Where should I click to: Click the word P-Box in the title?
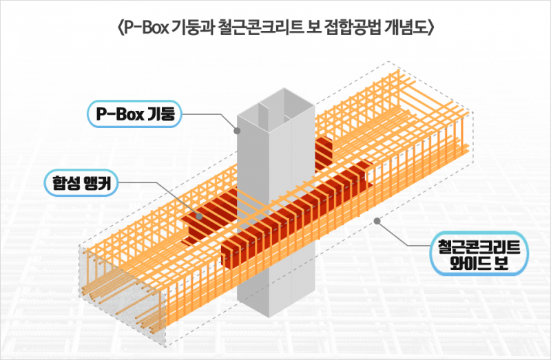pyautogui.click(x=149, y=28)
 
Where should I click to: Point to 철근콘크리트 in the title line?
pyautogui.click(x=255, y=28)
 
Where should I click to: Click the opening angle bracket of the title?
pyautogui.click(x=121, y=28)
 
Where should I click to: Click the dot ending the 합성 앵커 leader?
pyautogui.click(x=200, y=216)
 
